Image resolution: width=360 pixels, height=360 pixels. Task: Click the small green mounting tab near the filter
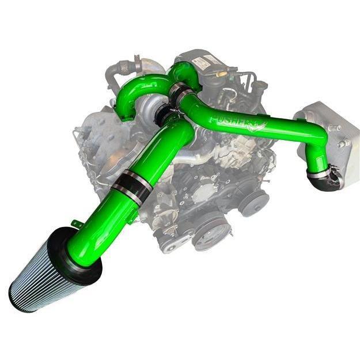coord(75,223)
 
